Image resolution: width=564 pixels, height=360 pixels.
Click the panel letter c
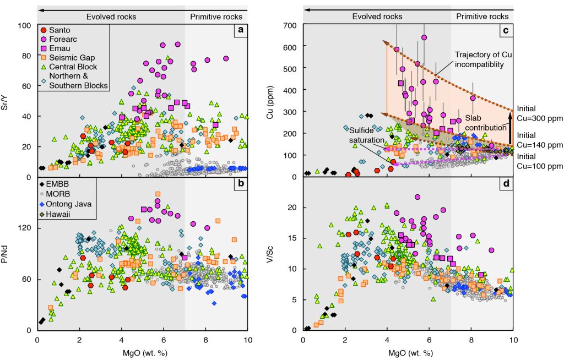pyautogui.click(x=505, y=31)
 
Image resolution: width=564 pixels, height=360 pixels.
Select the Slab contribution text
pyautogui.click(x=484, y=123)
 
